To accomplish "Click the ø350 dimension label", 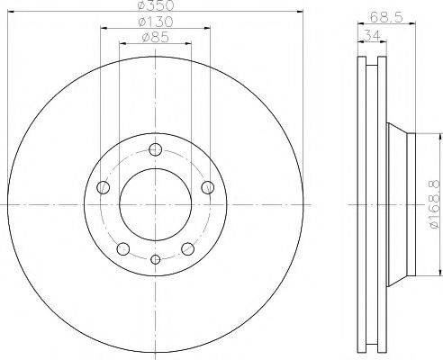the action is [x=156, y=4].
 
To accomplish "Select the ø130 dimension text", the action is [x=155, y=22].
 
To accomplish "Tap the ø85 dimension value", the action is [x=155, y=38].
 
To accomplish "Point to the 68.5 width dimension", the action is [x=386, y=17].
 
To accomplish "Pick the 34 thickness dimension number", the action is [x=372, y=36].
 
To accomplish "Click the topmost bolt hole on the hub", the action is [x=156, y=149].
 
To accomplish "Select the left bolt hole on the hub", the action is [x=104, y=187].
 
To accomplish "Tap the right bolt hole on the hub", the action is [x=208, y=187].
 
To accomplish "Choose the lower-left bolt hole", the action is [x=123, y=248].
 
